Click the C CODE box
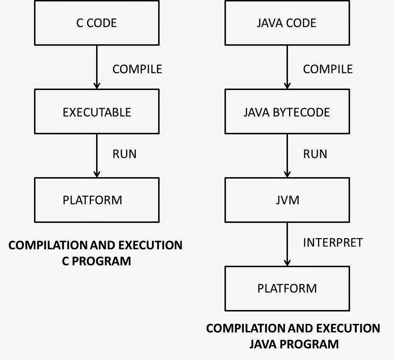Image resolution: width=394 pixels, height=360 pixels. point(96,23)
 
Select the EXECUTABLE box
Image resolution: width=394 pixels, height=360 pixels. point(96,112)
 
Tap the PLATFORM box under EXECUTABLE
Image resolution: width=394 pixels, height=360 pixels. point(96,200)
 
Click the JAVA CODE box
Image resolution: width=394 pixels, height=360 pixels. point(287,23)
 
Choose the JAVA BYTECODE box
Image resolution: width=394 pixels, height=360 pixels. point(287,112)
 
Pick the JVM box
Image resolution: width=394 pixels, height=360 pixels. point(287,200)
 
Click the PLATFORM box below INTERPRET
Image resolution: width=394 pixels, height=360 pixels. point(287,288)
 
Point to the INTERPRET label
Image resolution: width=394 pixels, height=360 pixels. point(333,243)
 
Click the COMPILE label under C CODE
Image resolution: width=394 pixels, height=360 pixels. point(137,69)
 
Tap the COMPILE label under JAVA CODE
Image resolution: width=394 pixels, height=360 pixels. point(328,69)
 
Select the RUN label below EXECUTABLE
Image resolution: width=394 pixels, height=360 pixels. point(124,154)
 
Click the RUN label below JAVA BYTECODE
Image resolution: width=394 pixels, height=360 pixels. point(315,154)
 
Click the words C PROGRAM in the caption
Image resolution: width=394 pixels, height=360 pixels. point(96,261)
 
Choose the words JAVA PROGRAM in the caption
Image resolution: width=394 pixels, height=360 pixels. point(294,344)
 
